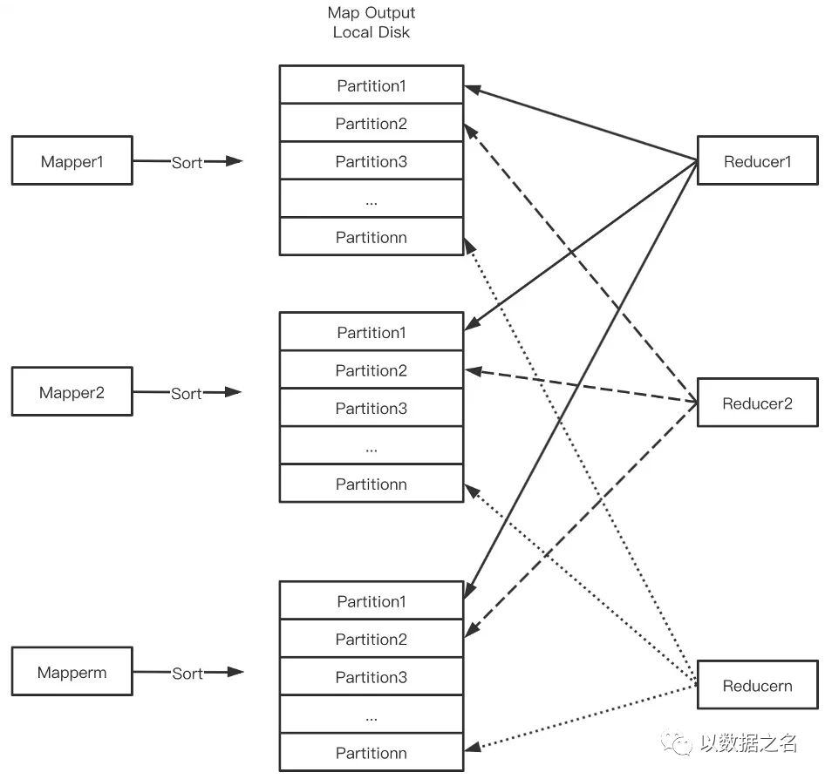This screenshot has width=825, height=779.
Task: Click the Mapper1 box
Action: [x=72, y=160]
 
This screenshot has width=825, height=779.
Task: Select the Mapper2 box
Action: [x=72, y=391]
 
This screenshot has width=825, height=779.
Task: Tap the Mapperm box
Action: [x=72, y=672]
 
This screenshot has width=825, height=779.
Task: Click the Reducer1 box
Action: [x=758, y=160]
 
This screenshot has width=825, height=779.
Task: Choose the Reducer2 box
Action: [x=758, y=403]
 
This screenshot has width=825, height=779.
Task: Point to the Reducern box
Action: [x=758, y=685]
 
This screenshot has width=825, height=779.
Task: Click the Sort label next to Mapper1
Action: [x=187, y=162]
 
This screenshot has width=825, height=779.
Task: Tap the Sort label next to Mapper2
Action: [x=187, y=393]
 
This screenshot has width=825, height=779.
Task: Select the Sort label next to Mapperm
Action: [x=187, y=674]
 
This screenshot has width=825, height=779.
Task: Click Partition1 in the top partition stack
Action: [x=372, y=85]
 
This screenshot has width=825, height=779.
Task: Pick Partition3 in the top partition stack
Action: [x=372, y=161]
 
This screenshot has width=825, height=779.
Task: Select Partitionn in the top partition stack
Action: [x=372, y=236]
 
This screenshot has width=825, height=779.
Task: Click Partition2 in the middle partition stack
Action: [x=372, y=370]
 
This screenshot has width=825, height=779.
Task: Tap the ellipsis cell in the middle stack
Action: [x=372, y=446]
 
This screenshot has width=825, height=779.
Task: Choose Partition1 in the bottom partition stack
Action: [x=372, y=600]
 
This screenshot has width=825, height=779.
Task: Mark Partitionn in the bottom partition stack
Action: [x=372, y=753]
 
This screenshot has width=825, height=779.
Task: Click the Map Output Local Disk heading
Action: [x=372, y=22]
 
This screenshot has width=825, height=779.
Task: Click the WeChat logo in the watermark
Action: [x=677, y=742]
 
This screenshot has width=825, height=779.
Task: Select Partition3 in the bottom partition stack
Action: [x=372, y=676]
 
